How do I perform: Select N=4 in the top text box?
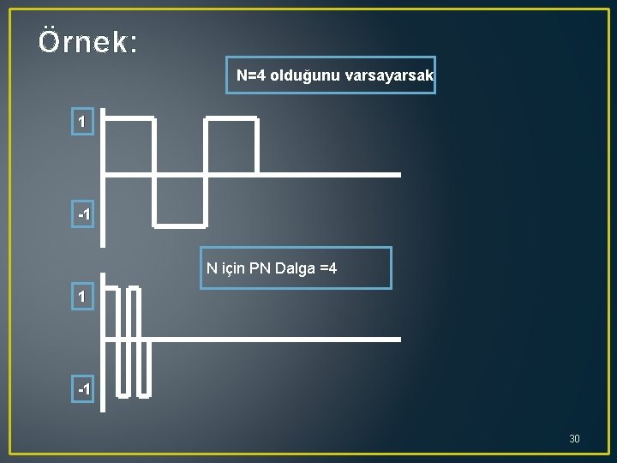(251, 75)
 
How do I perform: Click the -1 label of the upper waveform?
(83, 213)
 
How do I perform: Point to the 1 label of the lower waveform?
(82, 297)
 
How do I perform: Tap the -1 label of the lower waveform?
(83, 389)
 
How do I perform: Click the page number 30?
(574, 439)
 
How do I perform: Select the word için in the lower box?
(234, 269)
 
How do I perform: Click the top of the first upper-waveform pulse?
(129, 117)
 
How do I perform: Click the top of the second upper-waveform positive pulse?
(231, 117)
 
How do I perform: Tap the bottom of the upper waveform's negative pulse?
(180, 226)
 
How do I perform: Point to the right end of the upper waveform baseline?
(398, 175)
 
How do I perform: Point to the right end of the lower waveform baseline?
(398, 340)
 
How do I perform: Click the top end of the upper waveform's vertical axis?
(103, 111)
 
